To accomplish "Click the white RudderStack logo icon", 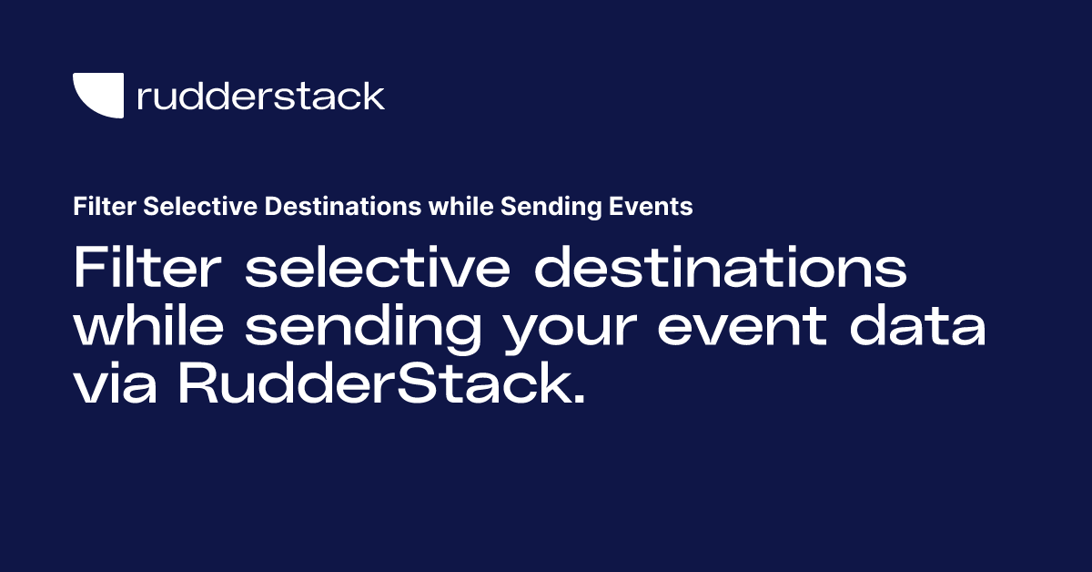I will point(97,96).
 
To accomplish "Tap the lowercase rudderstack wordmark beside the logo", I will point(260,96).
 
